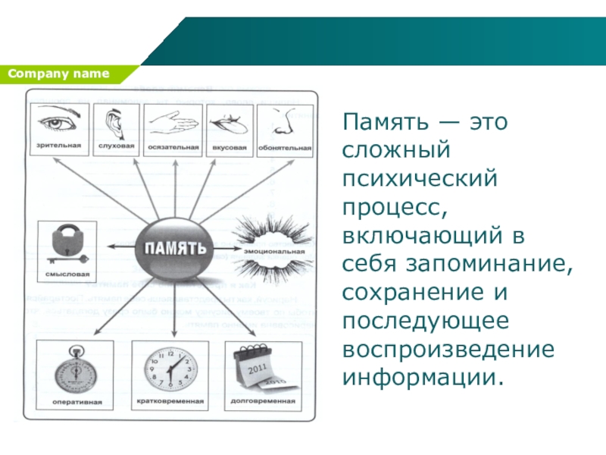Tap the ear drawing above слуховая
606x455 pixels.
pos(114,122)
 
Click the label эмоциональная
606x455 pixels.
pos(274,251)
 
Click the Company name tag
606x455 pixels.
pos(60,74)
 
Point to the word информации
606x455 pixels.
pos(423,376)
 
